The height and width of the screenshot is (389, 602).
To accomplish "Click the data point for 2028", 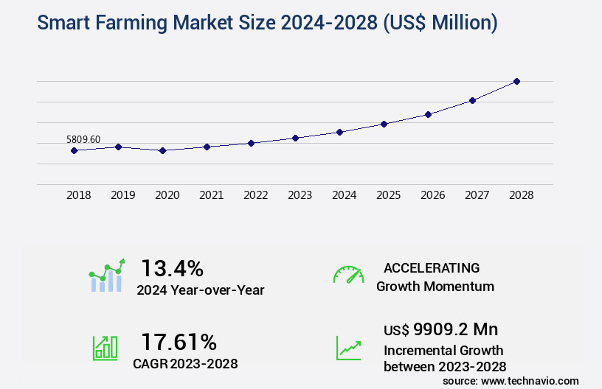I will (516, 81).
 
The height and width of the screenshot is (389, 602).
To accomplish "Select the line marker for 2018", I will (74, 150).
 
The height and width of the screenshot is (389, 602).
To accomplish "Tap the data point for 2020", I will (162, 150).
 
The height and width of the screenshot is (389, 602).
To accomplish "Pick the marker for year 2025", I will (384, 124).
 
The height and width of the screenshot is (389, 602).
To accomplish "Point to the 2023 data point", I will (295, 138).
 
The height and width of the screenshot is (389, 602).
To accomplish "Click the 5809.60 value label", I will (83, 139).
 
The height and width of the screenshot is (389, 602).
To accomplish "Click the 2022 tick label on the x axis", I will (255, 195).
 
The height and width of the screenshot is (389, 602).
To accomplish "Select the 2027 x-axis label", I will (477, 195).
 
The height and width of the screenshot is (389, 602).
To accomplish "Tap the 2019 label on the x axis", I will (122, 195).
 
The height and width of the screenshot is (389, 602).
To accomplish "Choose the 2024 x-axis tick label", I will (344, 195).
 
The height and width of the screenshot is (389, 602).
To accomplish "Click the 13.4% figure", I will (172, 267).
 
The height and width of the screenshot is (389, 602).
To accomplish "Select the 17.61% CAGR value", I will (179, 342).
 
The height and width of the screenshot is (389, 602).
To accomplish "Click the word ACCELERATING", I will (432, 267).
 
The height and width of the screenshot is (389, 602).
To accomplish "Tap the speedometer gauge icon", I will (348, 275).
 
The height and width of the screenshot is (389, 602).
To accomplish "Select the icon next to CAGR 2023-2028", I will (105, 347).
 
